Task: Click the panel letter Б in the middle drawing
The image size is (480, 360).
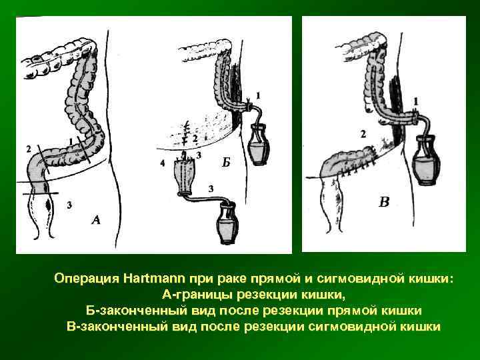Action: (x=227, y=162)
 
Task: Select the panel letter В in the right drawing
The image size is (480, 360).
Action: (x=383, y=201)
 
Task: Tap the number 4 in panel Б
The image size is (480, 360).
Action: (x=163, y=161)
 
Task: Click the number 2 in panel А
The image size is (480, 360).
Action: (x=28, y=147)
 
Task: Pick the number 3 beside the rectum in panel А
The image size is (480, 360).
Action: (x=69, y=205)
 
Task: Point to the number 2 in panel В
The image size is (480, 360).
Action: (x=363, y=134)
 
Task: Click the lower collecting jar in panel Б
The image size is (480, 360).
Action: (x=227, y=225)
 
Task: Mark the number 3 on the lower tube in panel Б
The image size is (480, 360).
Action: (x=211, y=189)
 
